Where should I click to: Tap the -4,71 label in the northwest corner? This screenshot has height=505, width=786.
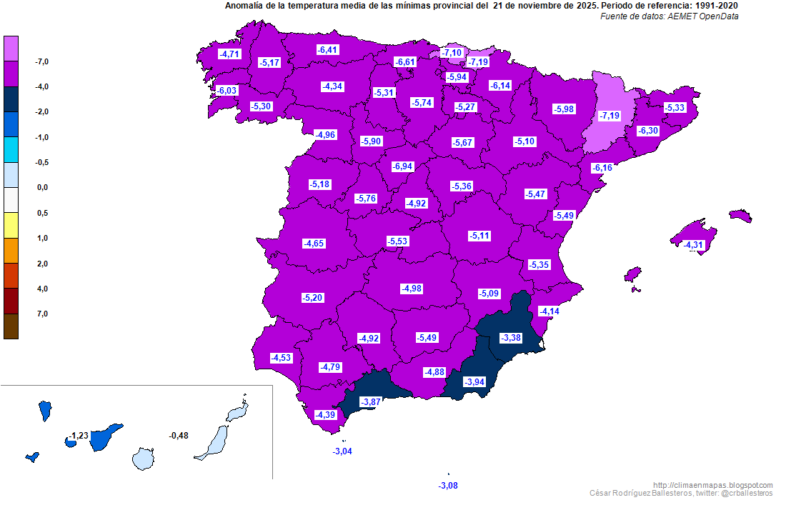pyautogui.click(x=230, y=54)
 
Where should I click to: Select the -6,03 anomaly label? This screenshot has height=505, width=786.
pyautogui.click(x=227, y=91)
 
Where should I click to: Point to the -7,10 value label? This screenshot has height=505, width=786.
pyautogui.click(x=452, y=53)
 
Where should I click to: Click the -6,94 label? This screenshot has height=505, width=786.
pyautogui.click(x=403, y=166)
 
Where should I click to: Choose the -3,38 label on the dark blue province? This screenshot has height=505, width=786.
pyautogui.click(x=511, y=338)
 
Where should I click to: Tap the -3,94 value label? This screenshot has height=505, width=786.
pyautogui.click(x=474, y=382)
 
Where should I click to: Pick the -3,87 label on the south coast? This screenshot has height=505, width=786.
pyautogui.click(x=371, y=402)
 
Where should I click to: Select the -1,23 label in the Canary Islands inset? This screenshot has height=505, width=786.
pyautogui.click(x=79, y=436)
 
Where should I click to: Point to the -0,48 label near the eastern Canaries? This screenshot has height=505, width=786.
pyautogui.click(x=179, y=436)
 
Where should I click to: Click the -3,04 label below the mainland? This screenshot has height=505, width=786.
pyautogui.click(x=343, y=451)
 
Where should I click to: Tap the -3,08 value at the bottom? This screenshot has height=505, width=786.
pyautogui.click(x=447, y=486)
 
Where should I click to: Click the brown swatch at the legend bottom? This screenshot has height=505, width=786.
pyautogui.click(x=11, y=326)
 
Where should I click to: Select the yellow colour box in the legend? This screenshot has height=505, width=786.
pyautogui.click(x=11, y=225)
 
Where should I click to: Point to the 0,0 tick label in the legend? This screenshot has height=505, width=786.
pyautogui.click(x=41, y=188)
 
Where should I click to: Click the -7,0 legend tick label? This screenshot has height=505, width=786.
pyautogui.click(x=41, y=62)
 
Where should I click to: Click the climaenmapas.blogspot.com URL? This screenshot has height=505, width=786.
pyautogui.click(x=713, y=485)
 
